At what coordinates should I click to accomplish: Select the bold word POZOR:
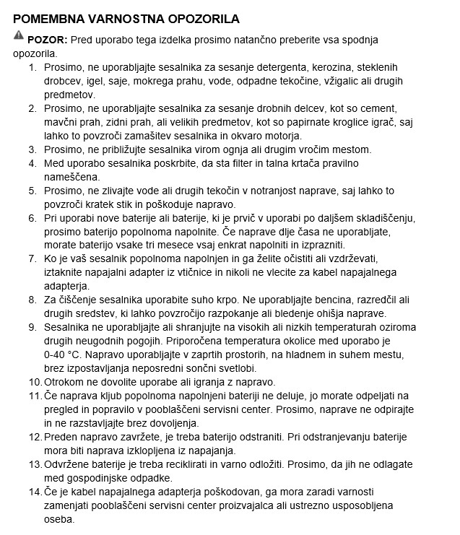[x=48, y=39]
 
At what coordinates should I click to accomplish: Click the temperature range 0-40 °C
[x=66, y=355]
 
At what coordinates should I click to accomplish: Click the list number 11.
[x=35, y=396]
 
